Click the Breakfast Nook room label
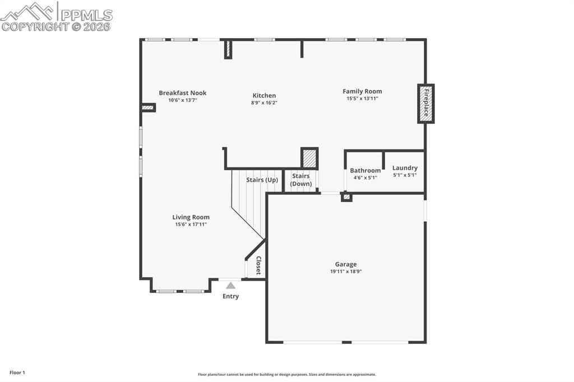[183, 93]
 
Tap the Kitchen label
[264, 95]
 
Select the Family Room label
[362, 91]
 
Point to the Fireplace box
[426, 104]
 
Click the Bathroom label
[365, 170]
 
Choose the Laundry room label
[405, 168]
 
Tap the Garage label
[345, 264]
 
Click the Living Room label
[191, 217]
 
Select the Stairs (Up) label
[262, 180]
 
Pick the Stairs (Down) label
[301, 180]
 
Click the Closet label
[258, 265]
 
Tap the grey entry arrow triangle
[230, 286]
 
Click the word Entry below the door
[230, 296]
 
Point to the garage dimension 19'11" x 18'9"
[345, 272]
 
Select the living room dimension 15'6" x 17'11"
[191, 224]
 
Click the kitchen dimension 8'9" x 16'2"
[264, 103]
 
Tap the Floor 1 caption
[17, 372]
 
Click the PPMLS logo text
[86, 15]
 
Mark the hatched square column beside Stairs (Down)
[309, 158]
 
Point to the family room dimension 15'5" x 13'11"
[362, 99]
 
